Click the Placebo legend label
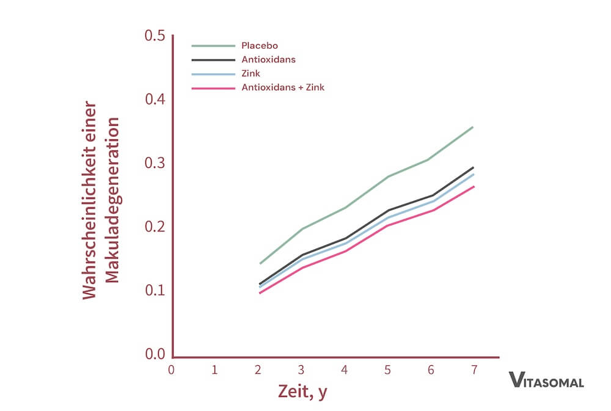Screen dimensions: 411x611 pyautogui.click(x=260, y=46)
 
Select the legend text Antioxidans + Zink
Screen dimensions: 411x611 pyautogui.click(x=283, y=87)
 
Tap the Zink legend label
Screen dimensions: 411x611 pyautogui.click(x=251, y=74)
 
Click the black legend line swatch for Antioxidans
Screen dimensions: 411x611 pyautogui.click(x=213, y=60)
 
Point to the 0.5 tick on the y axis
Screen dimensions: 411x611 pyautogui.click(x=155, y=36)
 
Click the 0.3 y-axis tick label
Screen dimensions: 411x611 pyautogui.click(x=155, y=163)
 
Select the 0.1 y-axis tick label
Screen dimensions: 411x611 pyautogui.click(x=155, y=290)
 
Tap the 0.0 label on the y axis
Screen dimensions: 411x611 pyautogui.click(x=155, y=354)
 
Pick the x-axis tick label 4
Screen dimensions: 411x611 pyautogui.click(x=345, y=369)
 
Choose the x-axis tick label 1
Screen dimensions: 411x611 pyautogui.click(x=214, y=369)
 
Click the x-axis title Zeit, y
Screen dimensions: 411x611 pyautogui.click(x=302, y=391)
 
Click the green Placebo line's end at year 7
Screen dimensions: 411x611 pyautogui.click(x=473, y=127)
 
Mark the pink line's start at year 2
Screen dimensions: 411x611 pyautogui.click(x=260, y=293)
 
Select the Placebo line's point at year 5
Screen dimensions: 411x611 pyautogui.click(x=387, y=176)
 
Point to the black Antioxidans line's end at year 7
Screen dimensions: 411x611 pyautogui.click(x=473, y=167)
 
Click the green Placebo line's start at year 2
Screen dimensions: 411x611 pyautogui.click(x=260, y=264)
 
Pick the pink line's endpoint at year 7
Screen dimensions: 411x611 pyautogui.click(x=473, y=186)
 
